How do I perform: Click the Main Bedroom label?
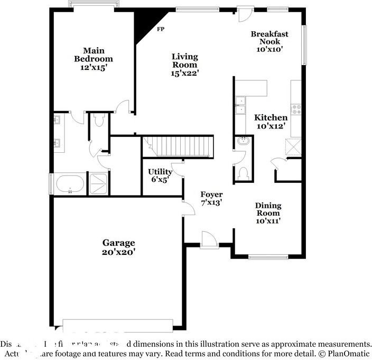(94, 59)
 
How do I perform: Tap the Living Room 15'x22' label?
(184, 64)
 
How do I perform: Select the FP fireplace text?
(160, 29)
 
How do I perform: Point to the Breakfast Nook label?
(269, 41)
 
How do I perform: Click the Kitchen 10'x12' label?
(271, 122)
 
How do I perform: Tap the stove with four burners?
(296, 109)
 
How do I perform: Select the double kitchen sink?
(240, 105)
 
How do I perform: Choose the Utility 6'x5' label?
(160, 176)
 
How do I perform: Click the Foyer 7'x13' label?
(211, 198)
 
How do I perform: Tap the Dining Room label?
(268, 213)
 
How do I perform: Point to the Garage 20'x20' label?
(118, 247)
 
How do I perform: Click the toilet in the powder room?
(243, 173)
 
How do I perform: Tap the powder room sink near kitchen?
(243, 142)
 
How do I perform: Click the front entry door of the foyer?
(209, 241)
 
